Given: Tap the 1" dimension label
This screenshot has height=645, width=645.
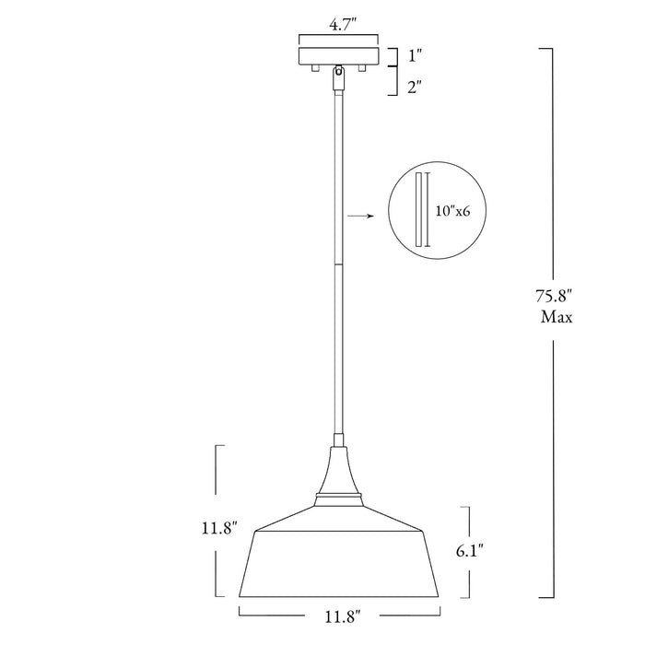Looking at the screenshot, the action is tap(415, 55).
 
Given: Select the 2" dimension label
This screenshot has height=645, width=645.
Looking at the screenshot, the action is tap(415, 87).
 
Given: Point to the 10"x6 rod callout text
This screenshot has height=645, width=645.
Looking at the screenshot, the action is tap(453, 211).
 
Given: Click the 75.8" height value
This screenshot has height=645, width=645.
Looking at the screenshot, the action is tap(554, 296).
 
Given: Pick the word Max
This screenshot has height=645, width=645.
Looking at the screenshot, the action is tap(557, 317).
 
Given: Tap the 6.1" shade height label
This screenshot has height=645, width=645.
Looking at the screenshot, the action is tap(469, 550).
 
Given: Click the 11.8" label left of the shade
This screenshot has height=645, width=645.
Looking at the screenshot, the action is tap(219, 528).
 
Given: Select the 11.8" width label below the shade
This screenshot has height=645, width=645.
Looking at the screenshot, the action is tap(343, 616).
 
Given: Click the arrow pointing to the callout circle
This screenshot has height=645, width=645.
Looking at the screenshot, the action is tap(361, 216).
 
